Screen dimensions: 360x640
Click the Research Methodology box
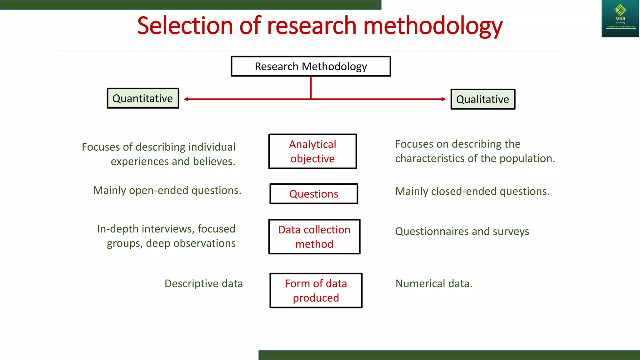coord(311,66)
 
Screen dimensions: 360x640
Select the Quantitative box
coord(143,98)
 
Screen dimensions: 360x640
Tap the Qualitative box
coord(482,99)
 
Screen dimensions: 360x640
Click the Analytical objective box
coord(312,152)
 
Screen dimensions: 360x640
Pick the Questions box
coord(314,194)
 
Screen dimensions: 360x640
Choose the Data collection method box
coord(314,237)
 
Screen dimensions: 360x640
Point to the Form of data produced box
coord(316,291)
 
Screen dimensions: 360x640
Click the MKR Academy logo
coord(620,18)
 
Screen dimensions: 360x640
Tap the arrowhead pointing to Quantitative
coord(186,99)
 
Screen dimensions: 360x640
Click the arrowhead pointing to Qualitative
coord(444,99)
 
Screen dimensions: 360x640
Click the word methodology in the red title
coord(433,26)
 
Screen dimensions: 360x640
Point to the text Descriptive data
coord(203,283)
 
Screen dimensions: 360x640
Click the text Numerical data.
coord(434,283)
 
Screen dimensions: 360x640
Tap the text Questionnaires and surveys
coord(462,231)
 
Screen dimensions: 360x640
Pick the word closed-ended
coord(464,191)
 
